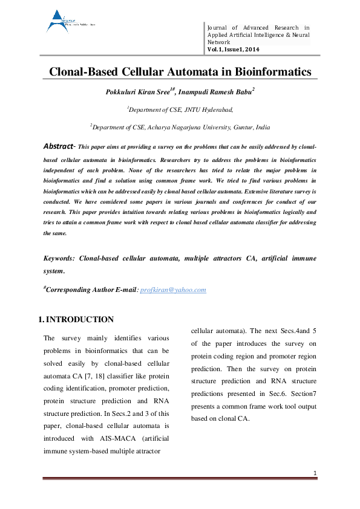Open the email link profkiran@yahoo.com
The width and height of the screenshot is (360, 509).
pyautogui.click(x=173, y=290)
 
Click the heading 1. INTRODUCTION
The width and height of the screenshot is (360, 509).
pyautogui.click(x=76, y=319)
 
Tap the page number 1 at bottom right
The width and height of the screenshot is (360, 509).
pyautogui.click(x=316, y=472)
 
